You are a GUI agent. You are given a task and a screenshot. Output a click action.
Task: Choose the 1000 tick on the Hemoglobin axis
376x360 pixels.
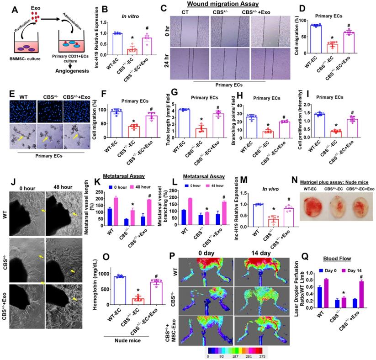coord(106,273)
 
